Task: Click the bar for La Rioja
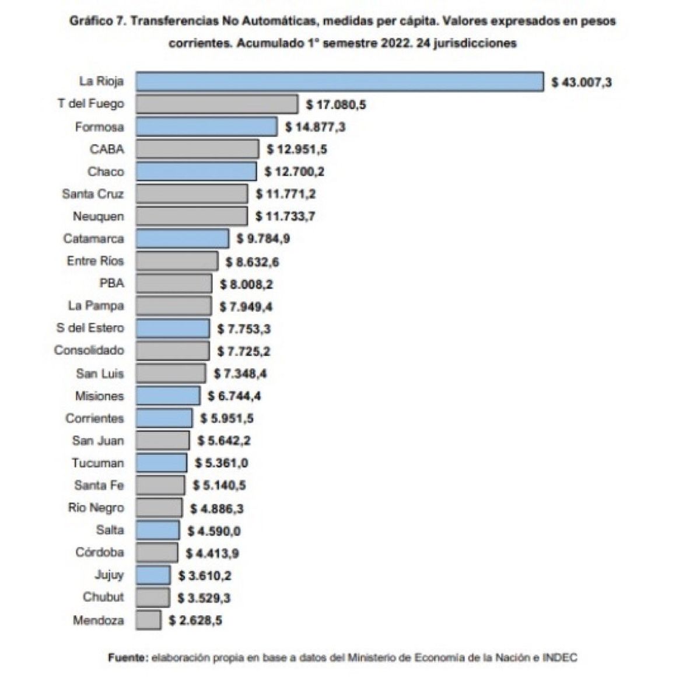pos(339,82)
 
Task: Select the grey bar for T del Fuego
pos(217,104)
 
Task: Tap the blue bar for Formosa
pos(206,127)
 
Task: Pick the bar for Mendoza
pos(149,620)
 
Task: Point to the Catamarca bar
pos(183,239)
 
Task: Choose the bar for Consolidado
pos(173,351)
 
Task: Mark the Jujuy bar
pos(153,576)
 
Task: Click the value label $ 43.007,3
pos(582,82)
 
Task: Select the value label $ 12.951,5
pos(297,149)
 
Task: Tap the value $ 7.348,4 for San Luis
pos(240,374)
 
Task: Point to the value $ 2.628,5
pos(195,620)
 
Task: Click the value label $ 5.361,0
pos(221,463)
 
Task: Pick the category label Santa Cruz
pos(93,194)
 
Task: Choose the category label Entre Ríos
pos(95,261)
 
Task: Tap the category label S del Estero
pos(90,328)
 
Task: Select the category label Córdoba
pos(99,552)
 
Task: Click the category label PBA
pos(111,284)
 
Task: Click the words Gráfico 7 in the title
pos(97,21)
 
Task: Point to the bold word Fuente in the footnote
pos(128,658)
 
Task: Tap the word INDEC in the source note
pos(559,658)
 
